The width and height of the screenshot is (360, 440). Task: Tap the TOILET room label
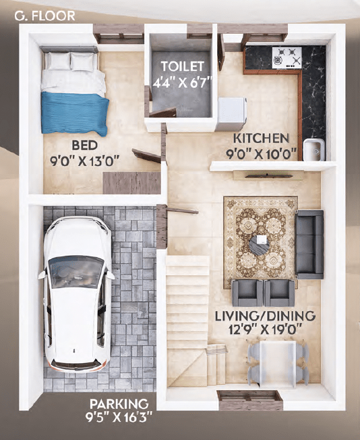(x=181, y=66)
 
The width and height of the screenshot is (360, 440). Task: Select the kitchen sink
(x=312, y=149)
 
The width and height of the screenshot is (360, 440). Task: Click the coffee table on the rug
(x=261, y=242)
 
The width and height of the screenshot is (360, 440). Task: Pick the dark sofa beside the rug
(x=309, y=244)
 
